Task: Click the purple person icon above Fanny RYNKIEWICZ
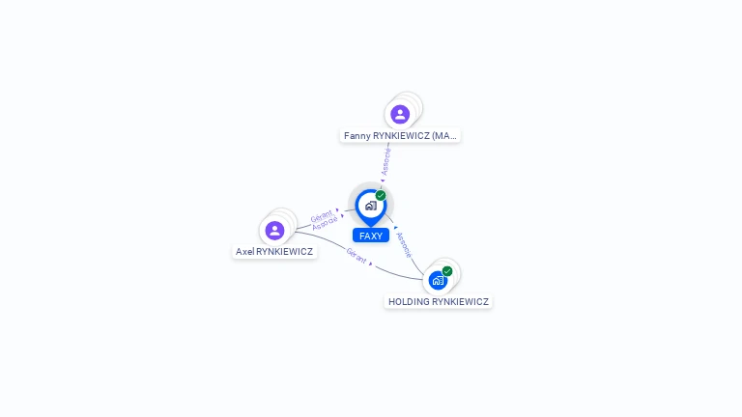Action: [x=400, y=115]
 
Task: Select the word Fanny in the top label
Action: [x=357, y=136]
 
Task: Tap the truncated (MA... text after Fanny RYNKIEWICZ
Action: [x=444, y=136]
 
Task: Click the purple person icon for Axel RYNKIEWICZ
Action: [x=274, y=231]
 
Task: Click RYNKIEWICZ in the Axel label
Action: [x=285, y=252]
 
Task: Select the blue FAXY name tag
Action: [x=371, y=236]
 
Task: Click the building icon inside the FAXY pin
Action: [x=370, y=206]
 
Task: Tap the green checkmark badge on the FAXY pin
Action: [x=381, y=196]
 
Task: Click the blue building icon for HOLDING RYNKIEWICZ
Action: [x=438, y=281]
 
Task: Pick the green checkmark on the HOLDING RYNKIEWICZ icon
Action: [x=447, y=271]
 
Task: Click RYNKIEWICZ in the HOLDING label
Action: [x=461, y=302]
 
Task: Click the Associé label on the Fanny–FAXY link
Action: [x=386, y=161]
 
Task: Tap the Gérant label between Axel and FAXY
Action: [x=321, y=215]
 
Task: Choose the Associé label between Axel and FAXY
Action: [x=326, y=223]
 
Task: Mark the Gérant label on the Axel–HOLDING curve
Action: [x=357, y=256]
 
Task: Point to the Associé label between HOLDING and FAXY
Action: [x=404, y=244]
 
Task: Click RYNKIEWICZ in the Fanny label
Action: [x=401, y=136]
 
